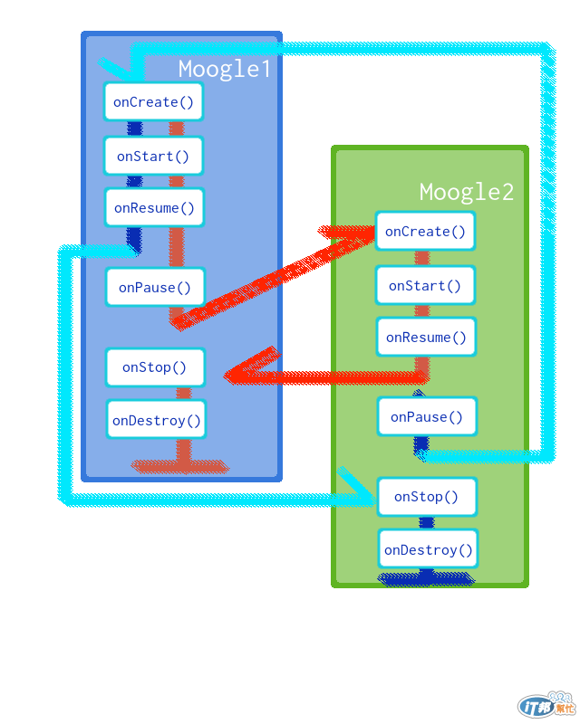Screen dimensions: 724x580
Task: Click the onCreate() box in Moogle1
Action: (153, 102)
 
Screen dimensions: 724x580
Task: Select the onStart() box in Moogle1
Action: (153, 157)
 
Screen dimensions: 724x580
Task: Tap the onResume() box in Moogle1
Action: (154, 208)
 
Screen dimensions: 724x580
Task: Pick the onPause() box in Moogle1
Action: (155, 288)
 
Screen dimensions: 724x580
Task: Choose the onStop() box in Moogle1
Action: (155, 367)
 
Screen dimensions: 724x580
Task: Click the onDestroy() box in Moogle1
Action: (156, 420)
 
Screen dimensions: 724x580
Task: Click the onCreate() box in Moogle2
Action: (425, 232)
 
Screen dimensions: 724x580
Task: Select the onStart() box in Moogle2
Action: (425, 286)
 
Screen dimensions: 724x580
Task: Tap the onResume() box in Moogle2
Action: (426, 338)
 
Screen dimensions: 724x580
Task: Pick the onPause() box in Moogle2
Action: (427, 417)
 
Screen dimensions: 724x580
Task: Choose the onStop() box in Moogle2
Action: (427, 497)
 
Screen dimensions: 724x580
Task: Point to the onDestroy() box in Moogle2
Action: (428, 550)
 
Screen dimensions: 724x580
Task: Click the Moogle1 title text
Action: (224, 69)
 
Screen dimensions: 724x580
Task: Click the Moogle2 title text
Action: (466, 192)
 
